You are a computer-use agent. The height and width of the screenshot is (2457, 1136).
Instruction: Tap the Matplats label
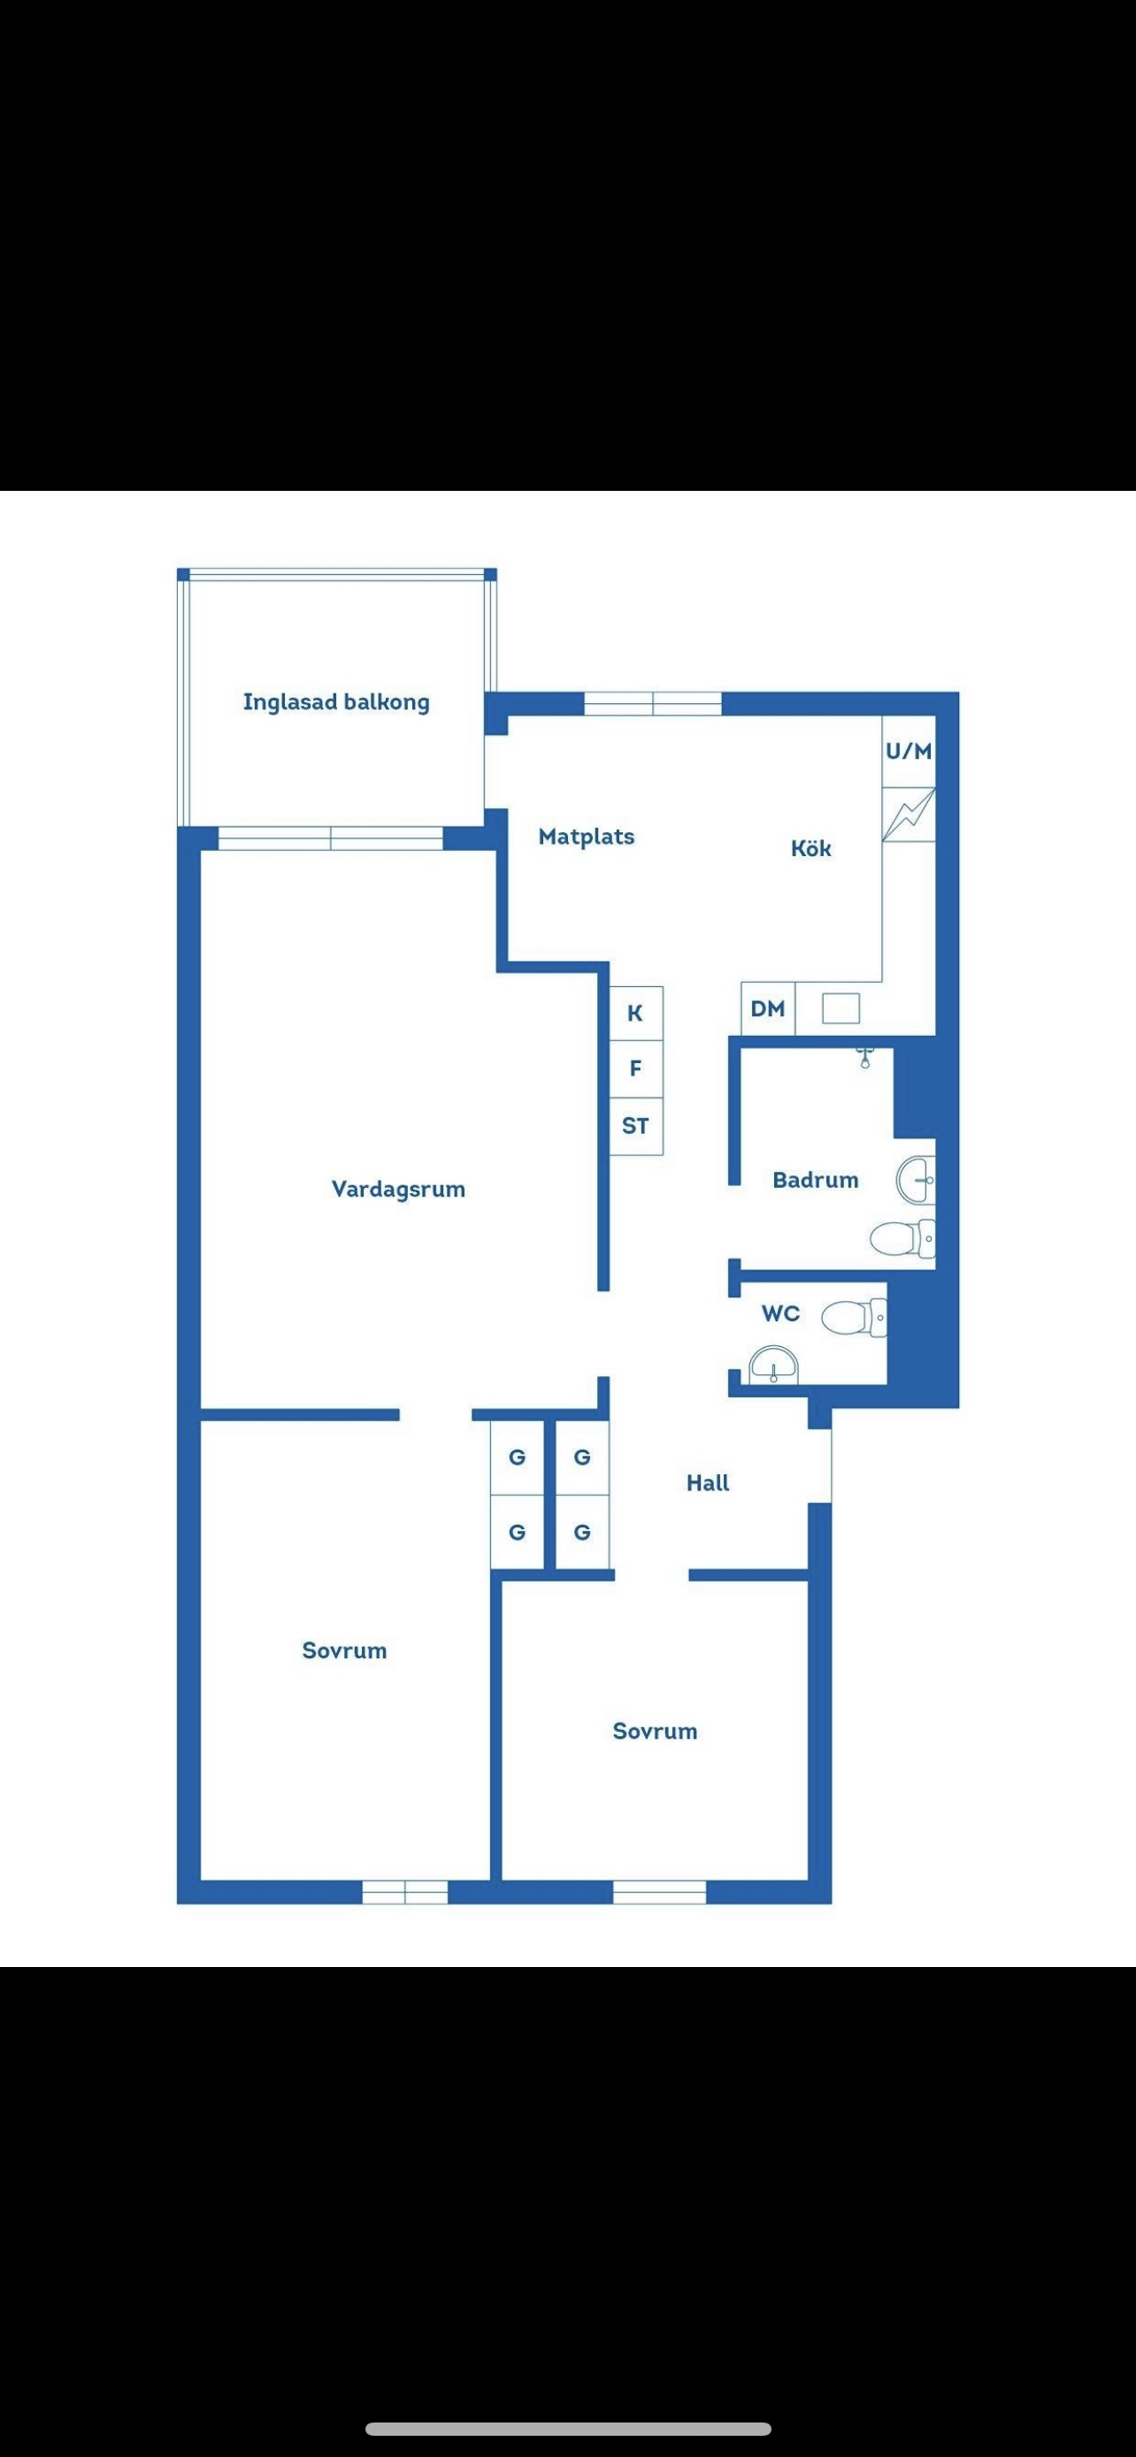tap(586, 837)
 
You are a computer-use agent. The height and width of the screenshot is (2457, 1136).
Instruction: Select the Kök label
tap(810, 848)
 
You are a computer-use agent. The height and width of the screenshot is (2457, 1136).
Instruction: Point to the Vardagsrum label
tap(398, 1190)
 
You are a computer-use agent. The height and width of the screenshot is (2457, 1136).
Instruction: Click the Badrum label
tap(816, 1180)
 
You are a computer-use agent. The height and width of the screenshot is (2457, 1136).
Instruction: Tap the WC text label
tap(780, 1313)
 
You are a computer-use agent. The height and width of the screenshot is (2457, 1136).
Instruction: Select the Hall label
tap(708, 1482)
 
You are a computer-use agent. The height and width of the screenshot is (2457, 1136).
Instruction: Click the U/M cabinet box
tap(908, 752)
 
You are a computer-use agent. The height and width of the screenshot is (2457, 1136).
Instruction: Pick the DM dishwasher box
tap(768, 1008)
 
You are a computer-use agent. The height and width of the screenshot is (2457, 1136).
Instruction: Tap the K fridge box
tap(635, 1013)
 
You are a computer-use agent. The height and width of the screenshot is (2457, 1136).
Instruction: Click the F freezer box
tap(635, 1068)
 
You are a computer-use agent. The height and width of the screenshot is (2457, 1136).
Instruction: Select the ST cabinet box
tap(635, 1126)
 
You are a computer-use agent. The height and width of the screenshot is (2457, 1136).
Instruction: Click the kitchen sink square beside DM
tap(840, 1008)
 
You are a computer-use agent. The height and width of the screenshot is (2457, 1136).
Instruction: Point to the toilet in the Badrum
tap(902, 1239)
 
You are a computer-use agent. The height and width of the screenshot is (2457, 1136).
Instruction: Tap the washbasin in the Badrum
tap(916, 1180)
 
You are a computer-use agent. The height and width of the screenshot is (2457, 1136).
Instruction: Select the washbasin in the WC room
tap(773, 1365)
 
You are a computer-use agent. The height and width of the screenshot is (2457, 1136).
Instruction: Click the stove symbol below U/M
tap(908, 815)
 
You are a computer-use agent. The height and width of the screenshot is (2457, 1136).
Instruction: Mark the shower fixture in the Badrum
tap(865, 1055)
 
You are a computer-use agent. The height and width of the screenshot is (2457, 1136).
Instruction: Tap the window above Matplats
tap(652, 704)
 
